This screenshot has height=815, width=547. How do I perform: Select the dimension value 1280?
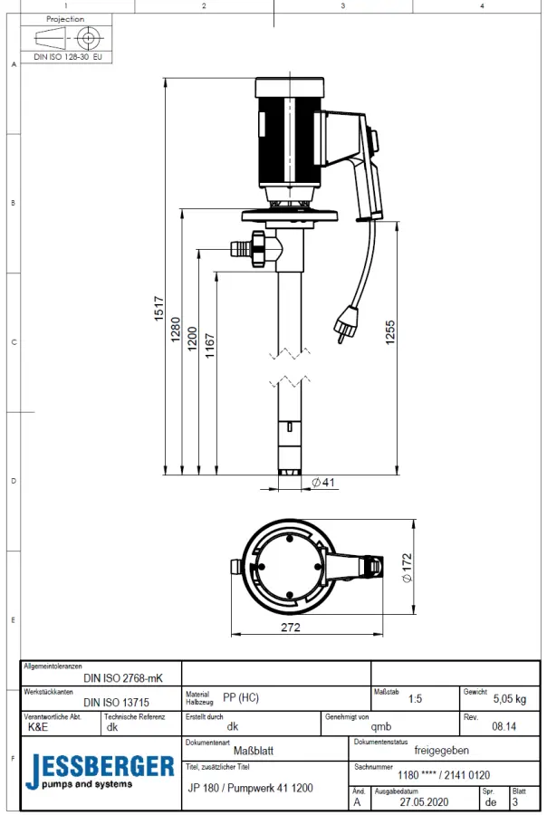176,328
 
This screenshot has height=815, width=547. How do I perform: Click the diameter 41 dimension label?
323,483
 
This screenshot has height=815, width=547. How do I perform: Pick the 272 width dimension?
291,628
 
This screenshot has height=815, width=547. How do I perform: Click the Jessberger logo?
100,770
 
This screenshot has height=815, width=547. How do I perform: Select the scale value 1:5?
415,699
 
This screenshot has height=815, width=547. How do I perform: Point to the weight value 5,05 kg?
509,699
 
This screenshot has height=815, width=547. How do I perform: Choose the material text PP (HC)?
240,697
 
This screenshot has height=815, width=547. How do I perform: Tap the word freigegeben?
441,750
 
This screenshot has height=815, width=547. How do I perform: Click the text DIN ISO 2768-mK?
123,676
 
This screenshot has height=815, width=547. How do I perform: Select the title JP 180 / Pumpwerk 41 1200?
250,788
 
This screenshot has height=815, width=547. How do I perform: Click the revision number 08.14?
504,725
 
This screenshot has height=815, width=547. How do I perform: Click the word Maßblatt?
254,750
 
